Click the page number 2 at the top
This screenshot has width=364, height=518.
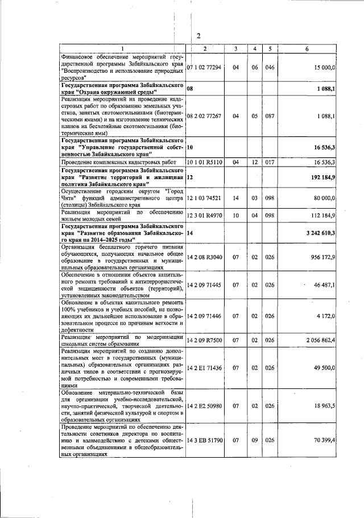tap(199, 36)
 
